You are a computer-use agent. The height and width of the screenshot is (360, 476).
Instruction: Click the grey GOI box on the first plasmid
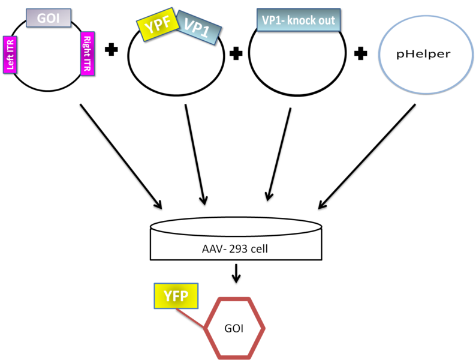[49, 17]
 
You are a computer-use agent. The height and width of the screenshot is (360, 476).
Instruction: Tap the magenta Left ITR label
[10, 53]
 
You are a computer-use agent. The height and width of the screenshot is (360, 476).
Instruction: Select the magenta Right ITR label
[88, 53]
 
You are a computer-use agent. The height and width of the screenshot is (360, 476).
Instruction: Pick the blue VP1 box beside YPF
[198, 28]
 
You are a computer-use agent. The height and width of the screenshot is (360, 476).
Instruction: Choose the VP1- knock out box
[298, 20]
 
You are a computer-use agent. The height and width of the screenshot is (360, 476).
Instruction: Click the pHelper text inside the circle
[423, 54]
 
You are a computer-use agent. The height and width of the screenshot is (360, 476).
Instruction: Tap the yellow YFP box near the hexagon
[176, 295]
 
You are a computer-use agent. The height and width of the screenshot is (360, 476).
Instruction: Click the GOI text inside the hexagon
[234, 329]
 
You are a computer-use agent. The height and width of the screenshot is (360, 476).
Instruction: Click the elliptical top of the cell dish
[236, 227]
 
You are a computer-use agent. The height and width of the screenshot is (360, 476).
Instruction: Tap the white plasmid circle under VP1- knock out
[297, 60]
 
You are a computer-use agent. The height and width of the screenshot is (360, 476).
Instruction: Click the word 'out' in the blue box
[326, 20]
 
